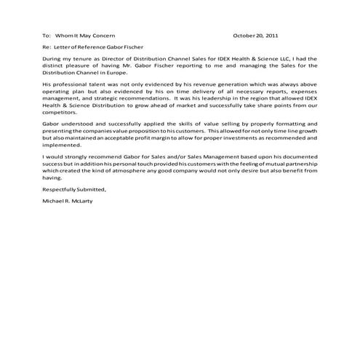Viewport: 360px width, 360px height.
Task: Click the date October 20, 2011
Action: click(255, 36)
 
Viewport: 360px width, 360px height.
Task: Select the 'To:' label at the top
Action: click(47, 36)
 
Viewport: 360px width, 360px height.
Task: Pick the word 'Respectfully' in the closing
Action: click(60, 188)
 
